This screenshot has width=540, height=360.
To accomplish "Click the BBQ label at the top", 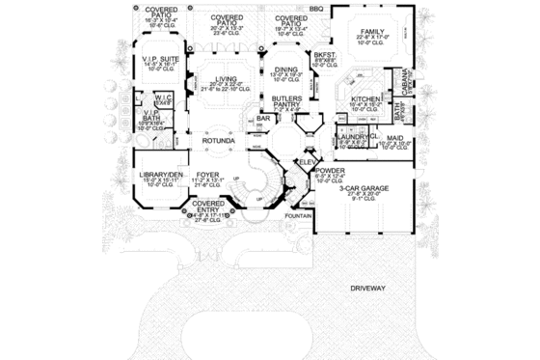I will click(315, 8).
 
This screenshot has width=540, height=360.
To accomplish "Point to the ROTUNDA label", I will click(219, 141).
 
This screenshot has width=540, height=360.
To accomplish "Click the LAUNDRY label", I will click(350, 138).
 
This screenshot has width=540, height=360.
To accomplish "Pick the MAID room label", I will click(394, 138).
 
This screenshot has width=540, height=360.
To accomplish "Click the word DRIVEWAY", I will click(367, 288).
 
